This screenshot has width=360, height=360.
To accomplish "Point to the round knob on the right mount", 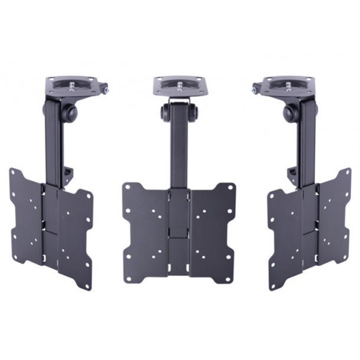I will click(290, 113).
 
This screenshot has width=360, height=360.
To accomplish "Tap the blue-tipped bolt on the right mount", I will click(254, 90).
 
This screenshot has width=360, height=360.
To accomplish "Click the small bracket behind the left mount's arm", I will click(70, 172).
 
